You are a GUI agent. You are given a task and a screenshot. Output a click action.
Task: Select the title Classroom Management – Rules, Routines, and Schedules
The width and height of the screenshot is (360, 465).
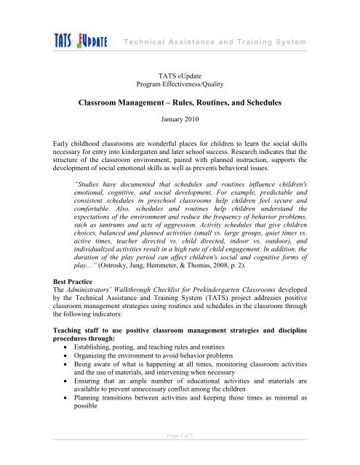click(180, 103)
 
